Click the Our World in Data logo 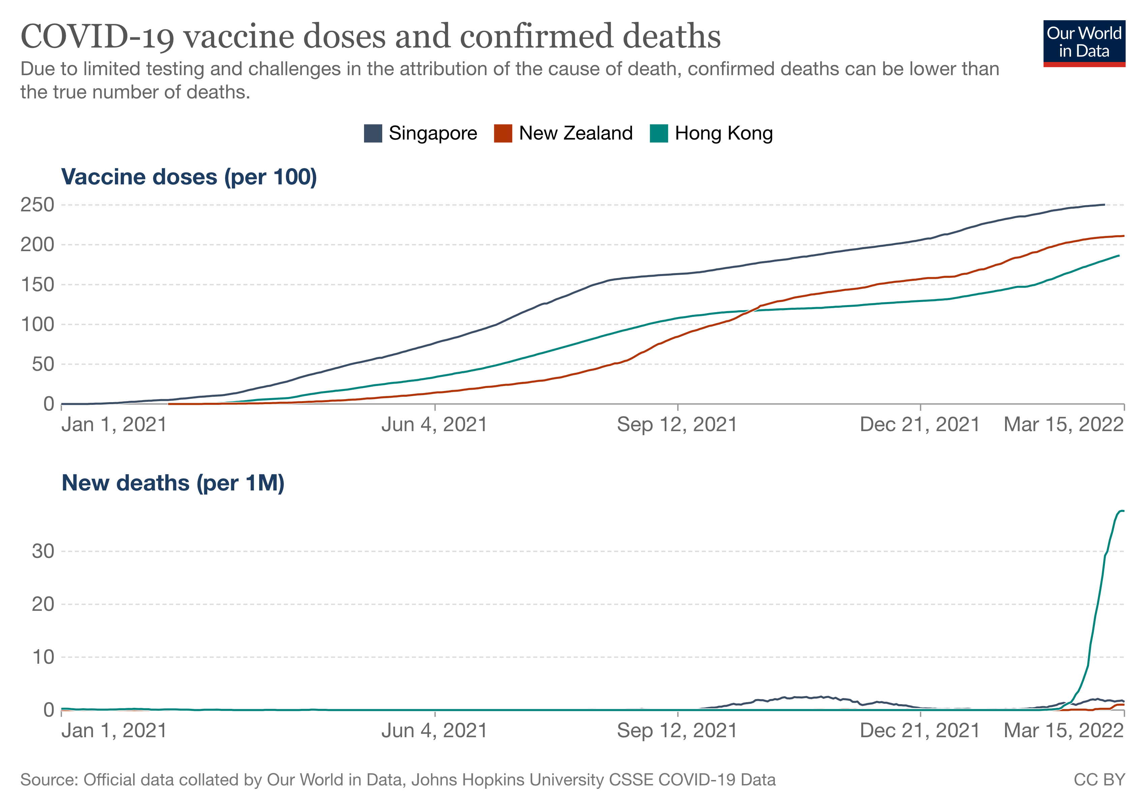(1084, 43)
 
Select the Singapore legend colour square (373, 133)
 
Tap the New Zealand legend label (575, 133)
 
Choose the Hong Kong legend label (723, 133)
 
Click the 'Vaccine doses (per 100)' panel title (189, 177)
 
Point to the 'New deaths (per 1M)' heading (173, 483)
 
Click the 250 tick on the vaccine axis (37, 205)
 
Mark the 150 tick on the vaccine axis (37, 284)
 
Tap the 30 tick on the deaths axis (43, 551)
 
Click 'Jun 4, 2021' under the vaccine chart (434, 425)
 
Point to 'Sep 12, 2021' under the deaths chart (677, 731)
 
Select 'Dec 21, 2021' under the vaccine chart (919, 425)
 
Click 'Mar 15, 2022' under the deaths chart (1063, 731)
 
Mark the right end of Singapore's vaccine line (1104, 205)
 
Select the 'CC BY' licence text (1099, 780)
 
